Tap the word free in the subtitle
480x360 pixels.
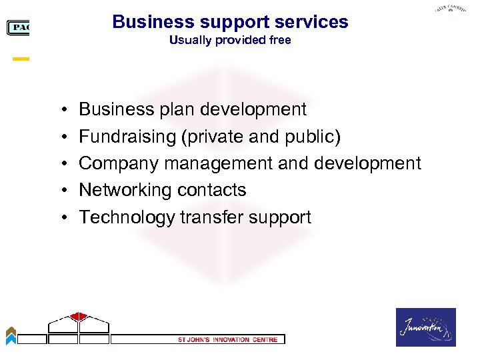(x=279, y=41)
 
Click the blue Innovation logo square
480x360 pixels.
(x=426, y=327)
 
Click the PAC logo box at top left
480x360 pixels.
(x=18, y=28)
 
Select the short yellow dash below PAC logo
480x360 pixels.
(x=21, y=59)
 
